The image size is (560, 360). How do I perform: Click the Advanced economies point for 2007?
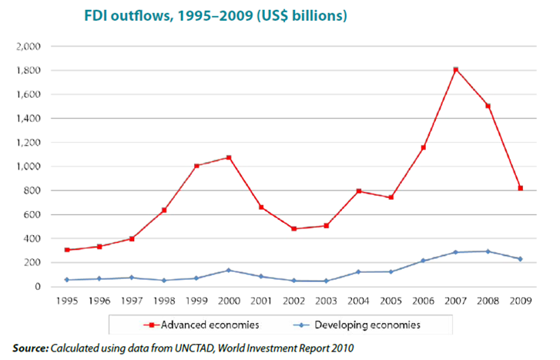click(x=455, y=69)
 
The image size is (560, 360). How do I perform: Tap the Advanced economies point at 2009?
click(x=521, y=188)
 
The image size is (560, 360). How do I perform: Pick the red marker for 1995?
click(x=67, y=250)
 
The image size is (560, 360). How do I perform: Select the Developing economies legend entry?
click(x=368, y=325)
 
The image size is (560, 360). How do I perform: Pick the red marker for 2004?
click(x=358, y=190)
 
